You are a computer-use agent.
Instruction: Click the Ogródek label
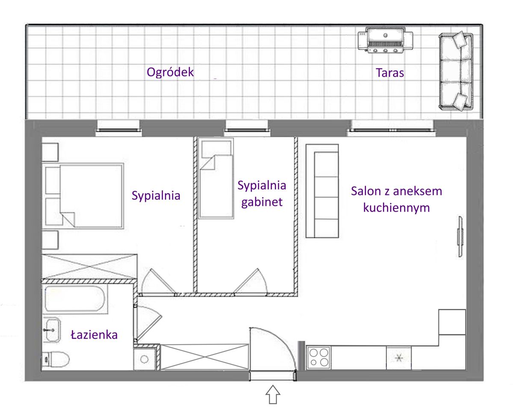point(170,73)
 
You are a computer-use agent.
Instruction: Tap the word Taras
point(390,73)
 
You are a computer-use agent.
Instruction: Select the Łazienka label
point(94,334)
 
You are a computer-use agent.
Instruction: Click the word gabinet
point(262,202)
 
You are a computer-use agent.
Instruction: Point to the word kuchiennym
point(396,207)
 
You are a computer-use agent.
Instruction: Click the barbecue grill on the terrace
point(386,40)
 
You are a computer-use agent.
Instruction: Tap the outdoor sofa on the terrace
point(456,71)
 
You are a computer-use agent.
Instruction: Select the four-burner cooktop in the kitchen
point(318,357)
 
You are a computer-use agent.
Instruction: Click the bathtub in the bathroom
point(75,299)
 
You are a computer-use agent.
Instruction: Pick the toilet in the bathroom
point(56,359)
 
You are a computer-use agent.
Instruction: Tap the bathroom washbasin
point(51,330)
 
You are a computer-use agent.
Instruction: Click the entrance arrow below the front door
point(273,394)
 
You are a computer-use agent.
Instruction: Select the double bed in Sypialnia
point(83,196)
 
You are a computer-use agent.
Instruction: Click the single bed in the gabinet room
point(216,178)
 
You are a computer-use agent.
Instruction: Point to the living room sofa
point(322,191)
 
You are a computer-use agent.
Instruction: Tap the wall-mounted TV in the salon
point(460,237)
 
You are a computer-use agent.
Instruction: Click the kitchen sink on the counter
point(399,358)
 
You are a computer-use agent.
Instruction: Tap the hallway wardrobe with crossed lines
point(205,357)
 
